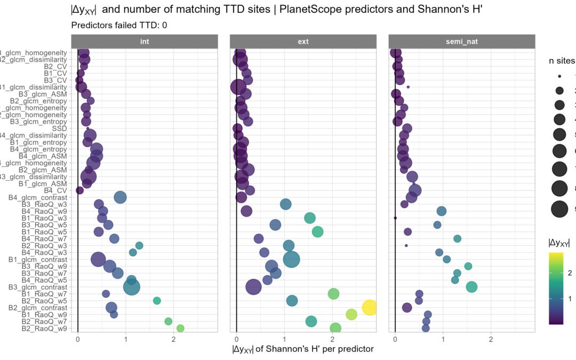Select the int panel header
click(x=145, y=41)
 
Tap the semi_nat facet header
click(x=461, y=41)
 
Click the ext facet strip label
click(x=303, y=41)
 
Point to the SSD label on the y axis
click(x=59, y=129)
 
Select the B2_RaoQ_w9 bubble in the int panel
click(x=180, y=329)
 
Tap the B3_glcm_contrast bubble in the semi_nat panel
click(x=471, y=287)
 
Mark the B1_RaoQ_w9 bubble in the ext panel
click(x=351, y=315)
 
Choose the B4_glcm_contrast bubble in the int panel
click(x=120, y=197)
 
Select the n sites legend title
click(x=562, y=61)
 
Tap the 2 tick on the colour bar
click(x=570, y=273)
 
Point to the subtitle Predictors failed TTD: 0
click(x=119, y=25)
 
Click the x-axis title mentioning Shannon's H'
click(x=303, y=349)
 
